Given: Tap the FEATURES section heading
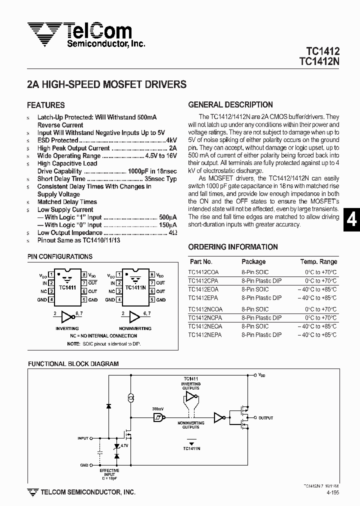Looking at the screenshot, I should tap(45, 105).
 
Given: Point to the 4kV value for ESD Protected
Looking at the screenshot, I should tap(171, 140).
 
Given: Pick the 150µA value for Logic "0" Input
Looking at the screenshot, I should tap(168, 225).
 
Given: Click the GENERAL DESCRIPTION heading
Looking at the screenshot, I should tap(230, 105).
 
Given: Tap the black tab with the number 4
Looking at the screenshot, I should tap(352, 220).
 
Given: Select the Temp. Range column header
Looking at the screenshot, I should tap(318, 261).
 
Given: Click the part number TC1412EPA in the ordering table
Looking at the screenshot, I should tap(203, 298).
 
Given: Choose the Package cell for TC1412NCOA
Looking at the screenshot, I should tap(255, 309).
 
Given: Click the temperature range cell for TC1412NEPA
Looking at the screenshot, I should tap(320, 335).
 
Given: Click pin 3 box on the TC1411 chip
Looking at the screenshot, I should tap(50, 290).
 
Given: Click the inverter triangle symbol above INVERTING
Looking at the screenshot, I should tap(66, 316).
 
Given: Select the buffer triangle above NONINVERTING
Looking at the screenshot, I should tap(133, 316).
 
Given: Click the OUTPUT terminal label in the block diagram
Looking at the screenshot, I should tap(265, 417).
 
